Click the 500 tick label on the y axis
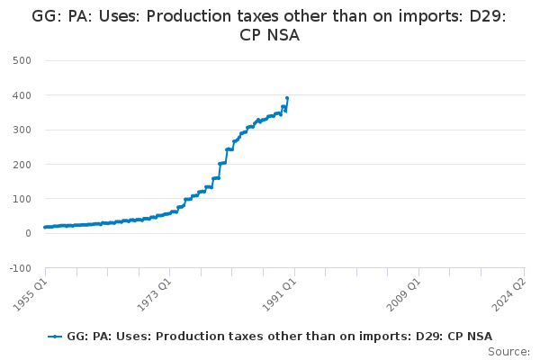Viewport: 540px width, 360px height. (22, 60)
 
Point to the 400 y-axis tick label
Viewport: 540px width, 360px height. (22, 95)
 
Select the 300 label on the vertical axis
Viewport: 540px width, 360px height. (22, 130)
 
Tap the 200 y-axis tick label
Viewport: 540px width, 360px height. (22, 165)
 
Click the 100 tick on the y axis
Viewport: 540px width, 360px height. (22, 199)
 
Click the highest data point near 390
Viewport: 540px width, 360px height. (287, 98)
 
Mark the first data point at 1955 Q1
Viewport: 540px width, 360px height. (45, 228)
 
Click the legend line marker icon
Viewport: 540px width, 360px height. (56, 336)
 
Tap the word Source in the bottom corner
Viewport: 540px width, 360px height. (508, 352)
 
